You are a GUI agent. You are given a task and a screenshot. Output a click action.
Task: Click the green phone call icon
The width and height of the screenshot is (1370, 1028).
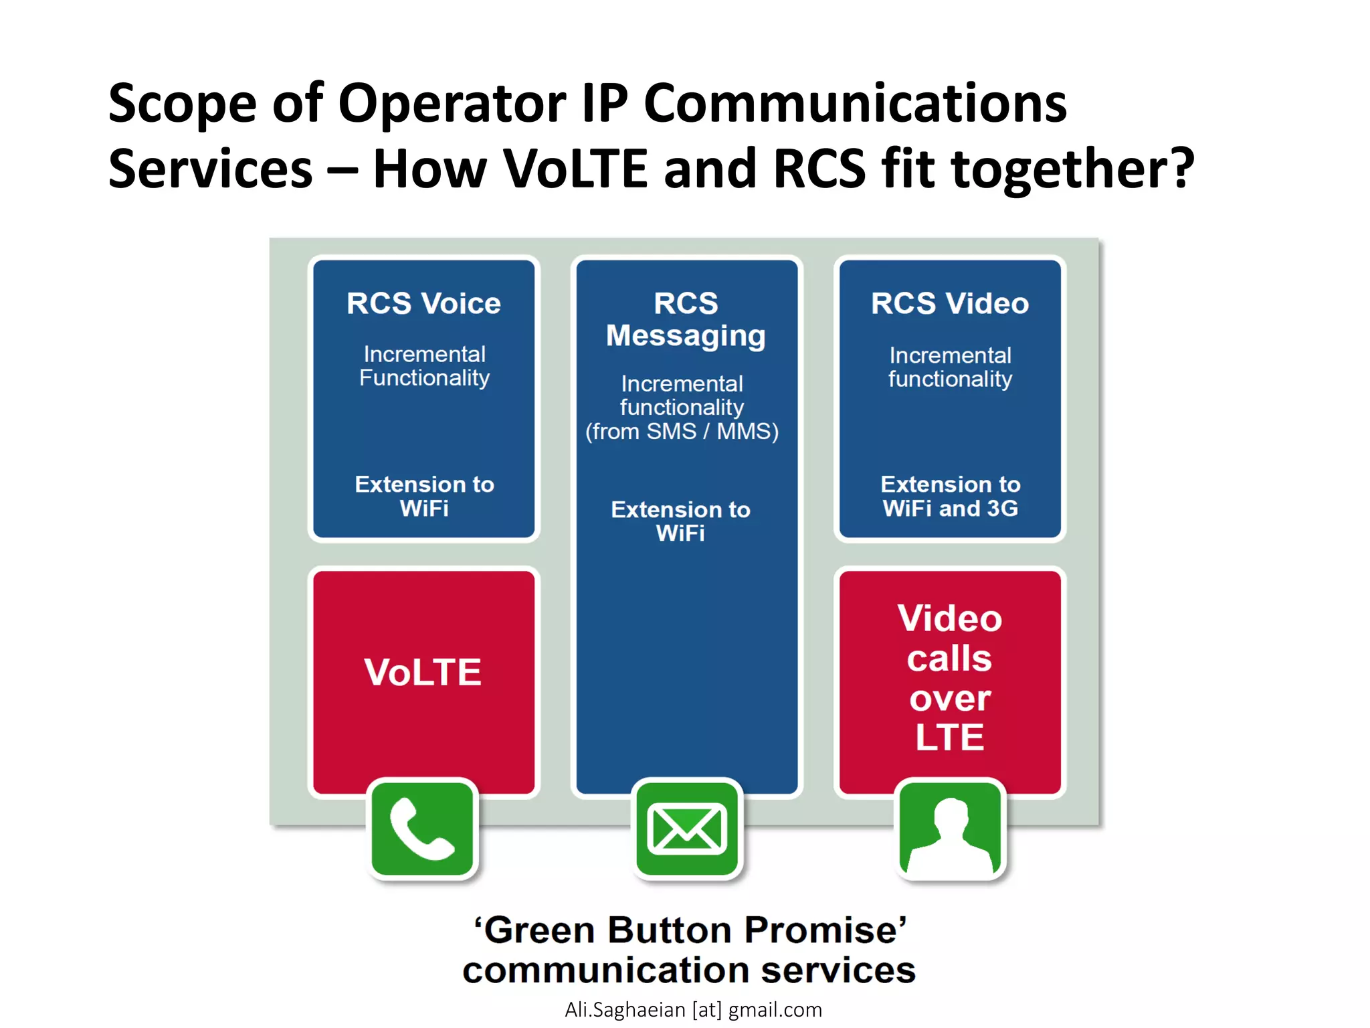coord(422,829)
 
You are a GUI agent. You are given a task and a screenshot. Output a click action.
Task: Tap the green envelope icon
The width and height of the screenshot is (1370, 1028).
coord(687,829)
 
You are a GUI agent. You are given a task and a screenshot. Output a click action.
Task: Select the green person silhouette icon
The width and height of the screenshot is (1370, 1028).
coord(950,831)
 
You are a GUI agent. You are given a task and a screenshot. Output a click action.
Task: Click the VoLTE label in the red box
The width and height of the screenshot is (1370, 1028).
coord(423,672)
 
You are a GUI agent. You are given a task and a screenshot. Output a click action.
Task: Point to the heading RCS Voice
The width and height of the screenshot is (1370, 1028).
coord(423,303)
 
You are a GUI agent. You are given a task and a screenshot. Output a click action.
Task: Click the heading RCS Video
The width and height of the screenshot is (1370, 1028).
coord(950,303)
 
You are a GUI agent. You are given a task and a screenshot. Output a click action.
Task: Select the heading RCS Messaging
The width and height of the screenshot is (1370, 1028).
coord(686,319)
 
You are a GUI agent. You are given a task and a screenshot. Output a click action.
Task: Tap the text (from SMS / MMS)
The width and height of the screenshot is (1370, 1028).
coord(682,431)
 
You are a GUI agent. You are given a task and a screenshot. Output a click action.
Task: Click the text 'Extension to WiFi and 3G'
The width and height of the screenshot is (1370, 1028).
coord(950,496)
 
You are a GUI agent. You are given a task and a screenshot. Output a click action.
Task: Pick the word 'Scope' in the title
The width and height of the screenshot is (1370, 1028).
coord(182,104)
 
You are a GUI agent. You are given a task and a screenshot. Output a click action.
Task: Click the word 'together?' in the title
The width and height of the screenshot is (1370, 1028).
coord(1072,169)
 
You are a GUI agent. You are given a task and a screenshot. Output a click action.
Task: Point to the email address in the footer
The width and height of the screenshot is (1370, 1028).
coord(693,1009)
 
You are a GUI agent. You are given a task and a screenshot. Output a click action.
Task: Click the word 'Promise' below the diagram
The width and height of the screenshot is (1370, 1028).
coord(826,930)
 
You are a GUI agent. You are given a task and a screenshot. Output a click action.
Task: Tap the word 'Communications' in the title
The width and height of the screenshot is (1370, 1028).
coord(855,104)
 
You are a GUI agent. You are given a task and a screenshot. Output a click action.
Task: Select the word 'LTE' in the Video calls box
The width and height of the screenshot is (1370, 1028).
coord(949,738)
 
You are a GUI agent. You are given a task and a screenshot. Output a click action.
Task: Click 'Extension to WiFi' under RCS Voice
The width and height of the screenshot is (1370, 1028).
coord(424,496)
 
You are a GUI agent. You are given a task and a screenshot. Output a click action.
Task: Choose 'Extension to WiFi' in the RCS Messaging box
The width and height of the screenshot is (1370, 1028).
coord(680,521)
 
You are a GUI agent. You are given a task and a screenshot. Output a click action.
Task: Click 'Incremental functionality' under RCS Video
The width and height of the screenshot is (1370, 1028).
coord(950,367)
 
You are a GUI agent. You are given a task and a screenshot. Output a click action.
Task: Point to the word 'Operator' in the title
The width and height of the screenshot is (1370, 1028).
coord(452,104)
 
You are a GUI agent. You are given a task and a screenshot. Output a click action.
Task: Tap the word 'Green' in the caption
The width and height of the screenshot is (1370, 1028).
coord(539,930)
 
